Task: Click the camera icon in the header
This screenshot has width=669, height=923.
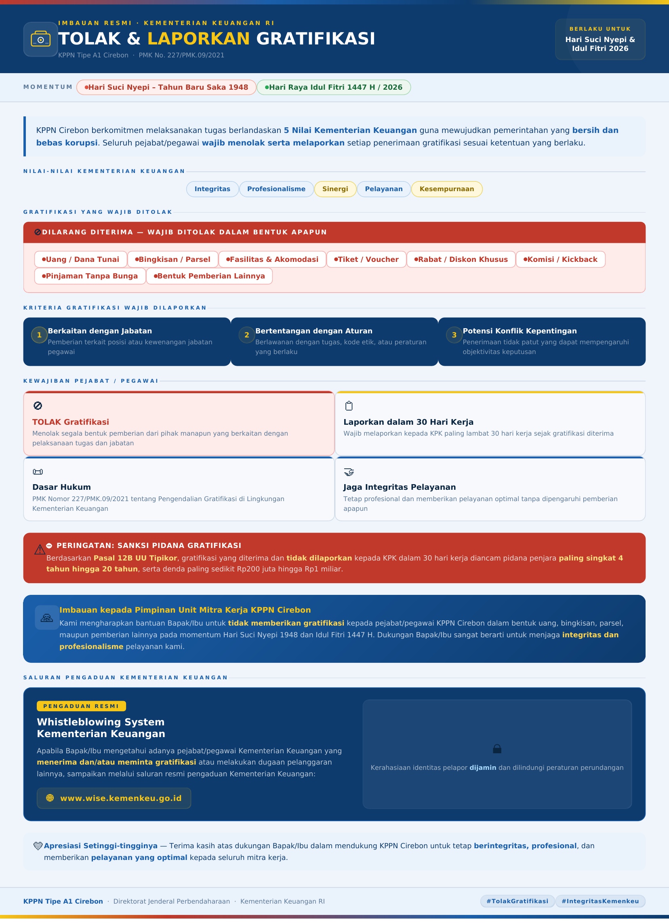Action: point(40,40)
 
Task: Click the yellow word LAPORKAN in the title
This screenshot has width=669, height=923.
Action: point(199,39)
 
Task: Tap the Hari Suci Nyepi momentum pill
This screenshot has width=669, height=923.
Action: point(166,88)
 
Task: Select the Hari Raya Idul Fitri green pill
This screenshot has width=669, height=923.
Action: point(333,88)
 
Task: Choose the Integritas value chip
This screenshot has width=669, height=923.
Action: point(212,189)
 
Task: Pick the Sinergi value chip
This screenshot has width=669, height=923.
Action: point(335,189)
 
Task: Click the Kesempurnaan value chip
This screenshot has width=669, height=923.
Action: point(446,189)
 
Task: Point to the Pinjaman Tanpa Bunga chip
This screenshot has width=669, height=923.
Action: point(90,276)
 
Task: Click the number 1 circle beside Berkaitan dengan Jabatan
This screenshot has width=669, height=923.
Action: point(39,335)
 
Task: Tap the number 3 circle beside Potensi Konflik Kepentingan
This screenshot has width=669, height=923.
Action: point(454,335)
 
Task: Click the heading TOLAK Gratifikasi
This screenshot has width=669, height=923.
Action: point(70,422)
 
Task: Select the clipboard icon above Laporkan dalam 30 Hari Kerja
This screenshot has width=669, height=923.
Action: point(349,406)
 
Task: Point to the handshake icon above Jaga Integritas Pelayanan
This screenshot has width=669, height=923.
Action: point(349,472)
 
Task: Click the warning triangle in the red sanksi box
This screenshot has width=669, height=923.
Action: point(40,550)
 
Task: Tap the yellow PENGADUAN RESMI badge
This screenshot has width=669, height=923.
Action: point(81,706)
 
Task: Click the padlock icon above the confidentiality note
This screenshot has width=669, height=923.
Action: point(497,749)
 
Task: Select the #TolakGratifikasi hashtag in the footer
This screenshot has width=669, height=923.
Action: point(517,902)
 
